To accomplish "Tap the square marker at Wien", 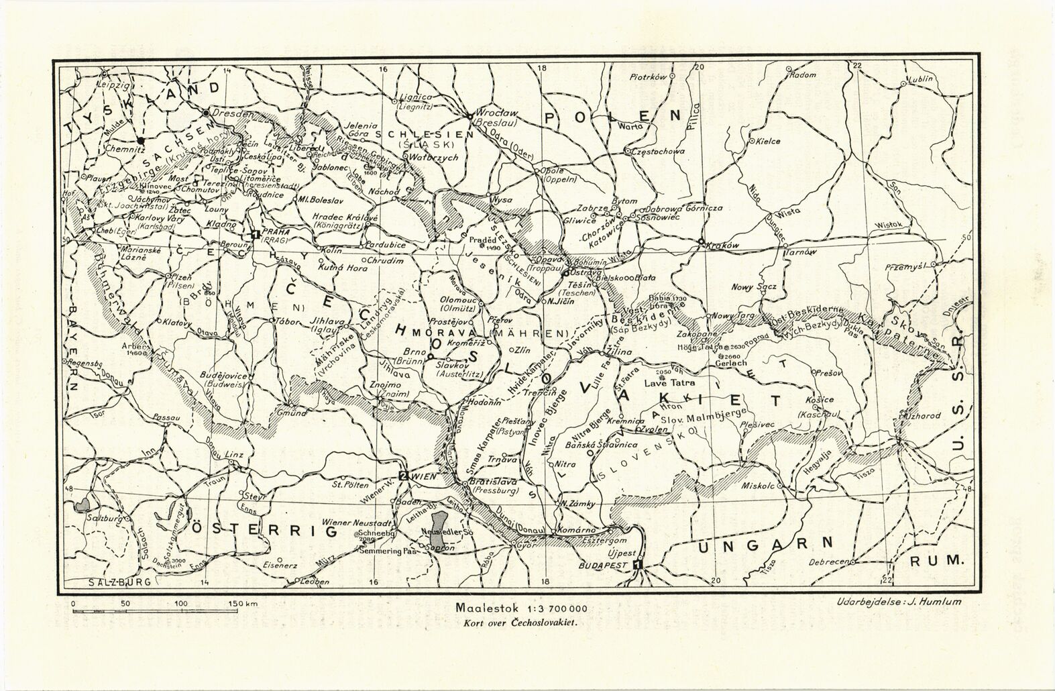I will pyautogui.click(x=402, y=476).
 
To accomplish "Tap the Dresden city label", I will pyautogui.click(x=233, y=113).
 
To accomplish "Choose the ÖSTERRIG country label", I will pyautogui.click(x=263, y=531).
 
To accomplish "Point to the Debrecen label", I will pyautogui.click(x=830, y=562).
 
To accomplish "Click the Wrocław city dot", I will pyautogui.click(x=468, y=117).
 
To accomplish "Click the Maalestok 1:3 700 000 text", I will pyautogui.click(x=521, y=608).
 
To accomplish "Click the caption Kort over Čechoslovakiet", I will pyautogui.click(x=520, y=621).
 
